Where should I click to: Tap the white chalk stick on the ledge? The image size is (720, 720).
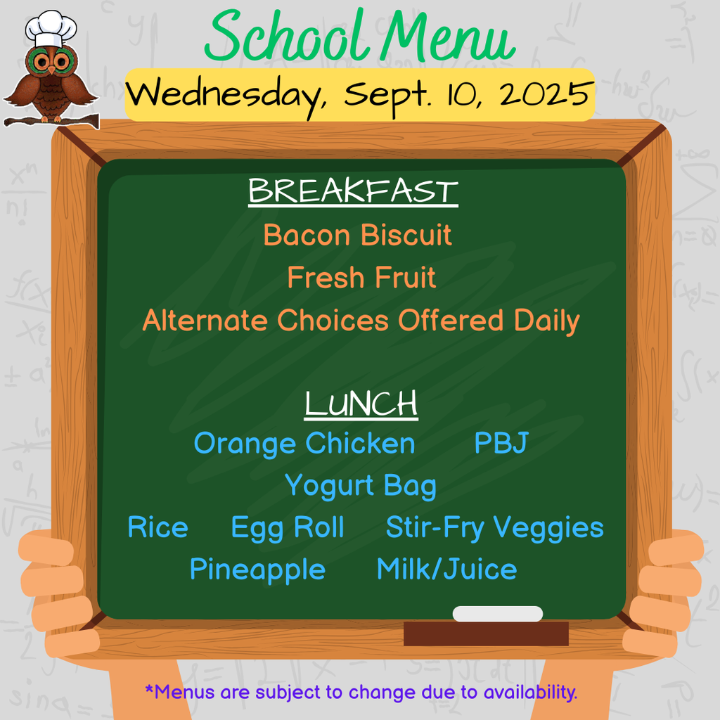coord(498,614)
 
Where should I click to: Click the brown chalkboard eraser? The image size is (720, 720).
coord(486,634)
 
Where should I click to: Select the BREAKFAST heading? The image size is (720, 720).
coord(353,192)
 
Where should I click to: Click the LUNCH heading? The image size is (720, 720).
coord(361,404)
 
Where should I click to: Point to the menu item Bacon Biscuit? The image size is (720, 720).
coord(357,235)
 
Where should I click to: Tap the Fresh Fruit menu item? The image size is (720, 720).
coord(361,278)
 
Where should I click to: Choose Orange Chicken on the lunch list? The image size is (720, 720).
coord(304,444)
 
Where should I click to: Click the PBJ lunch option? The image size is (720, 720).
coord(501,444)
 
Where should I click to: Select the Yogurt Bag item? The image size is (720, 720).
coord(360,486)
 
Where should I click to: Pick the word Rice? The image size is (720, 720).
coord(157,528)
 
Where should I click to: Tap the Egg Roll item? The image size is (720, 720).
coord(288,528)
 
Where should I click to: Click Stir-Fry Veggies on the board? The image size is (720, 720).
coord(494,528)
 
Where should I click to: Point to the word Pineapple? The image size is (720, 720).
coord(257,570)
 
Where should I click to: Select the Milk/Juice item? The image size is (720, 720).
coord(446,570)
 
